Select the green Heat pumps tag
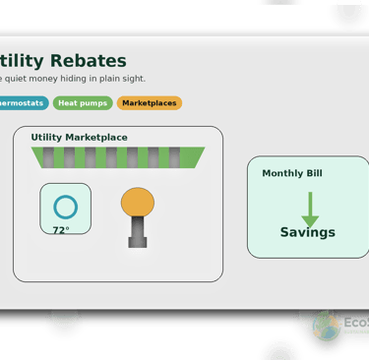(84, 102)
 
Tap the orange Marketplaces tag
(149, 102)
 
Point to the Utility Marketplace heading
(79, 137)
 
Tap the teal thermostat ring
(65, 207)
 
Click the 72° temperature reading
(61, 230)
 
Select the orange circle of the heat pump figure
(138, 203)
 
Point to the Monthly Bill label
(292, 173)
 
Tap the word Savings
(307, 233)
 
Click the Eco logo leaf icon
(326, 324)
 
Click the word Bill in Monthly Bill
(312, 173)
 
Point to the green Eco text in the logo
(355, 320)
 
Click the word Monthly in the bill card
(281, 173)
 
